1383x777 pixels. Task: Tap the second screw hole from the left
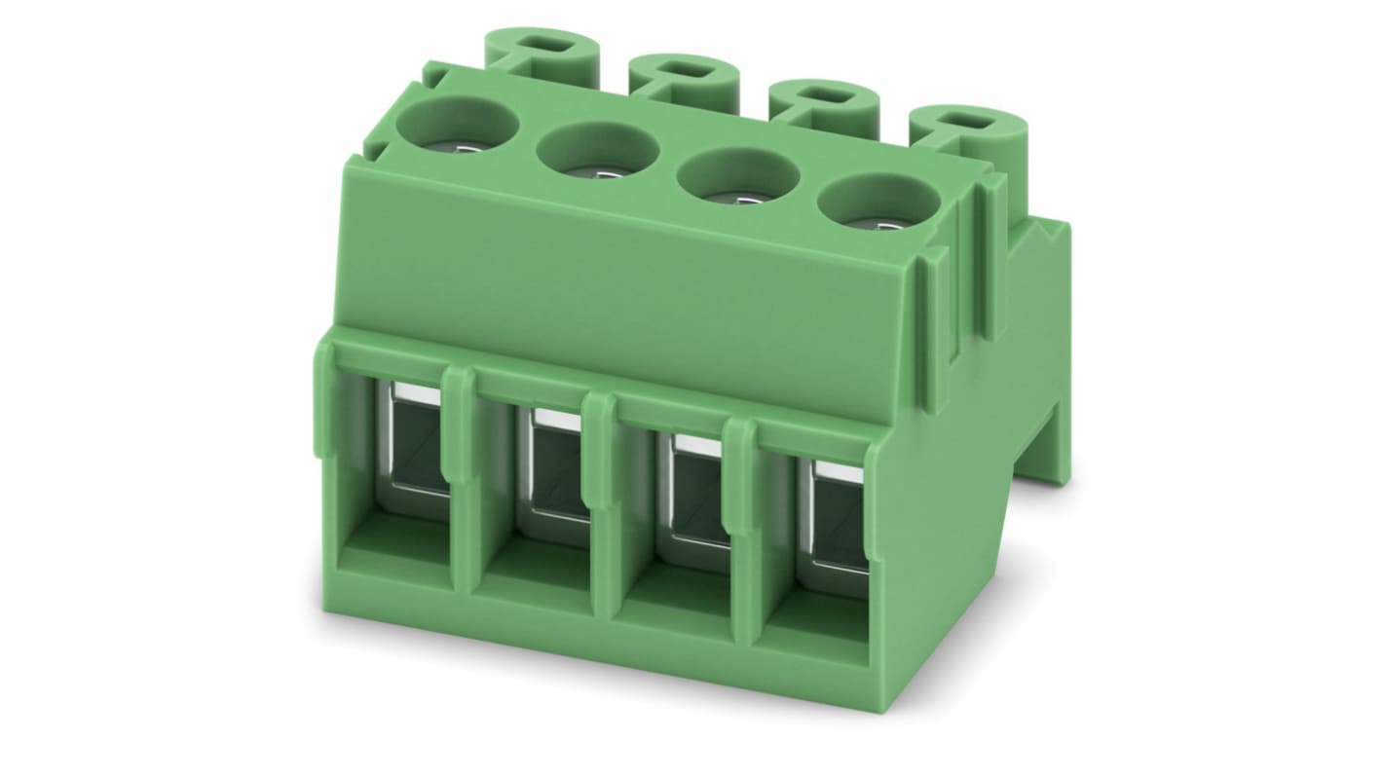click(595, 153)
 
